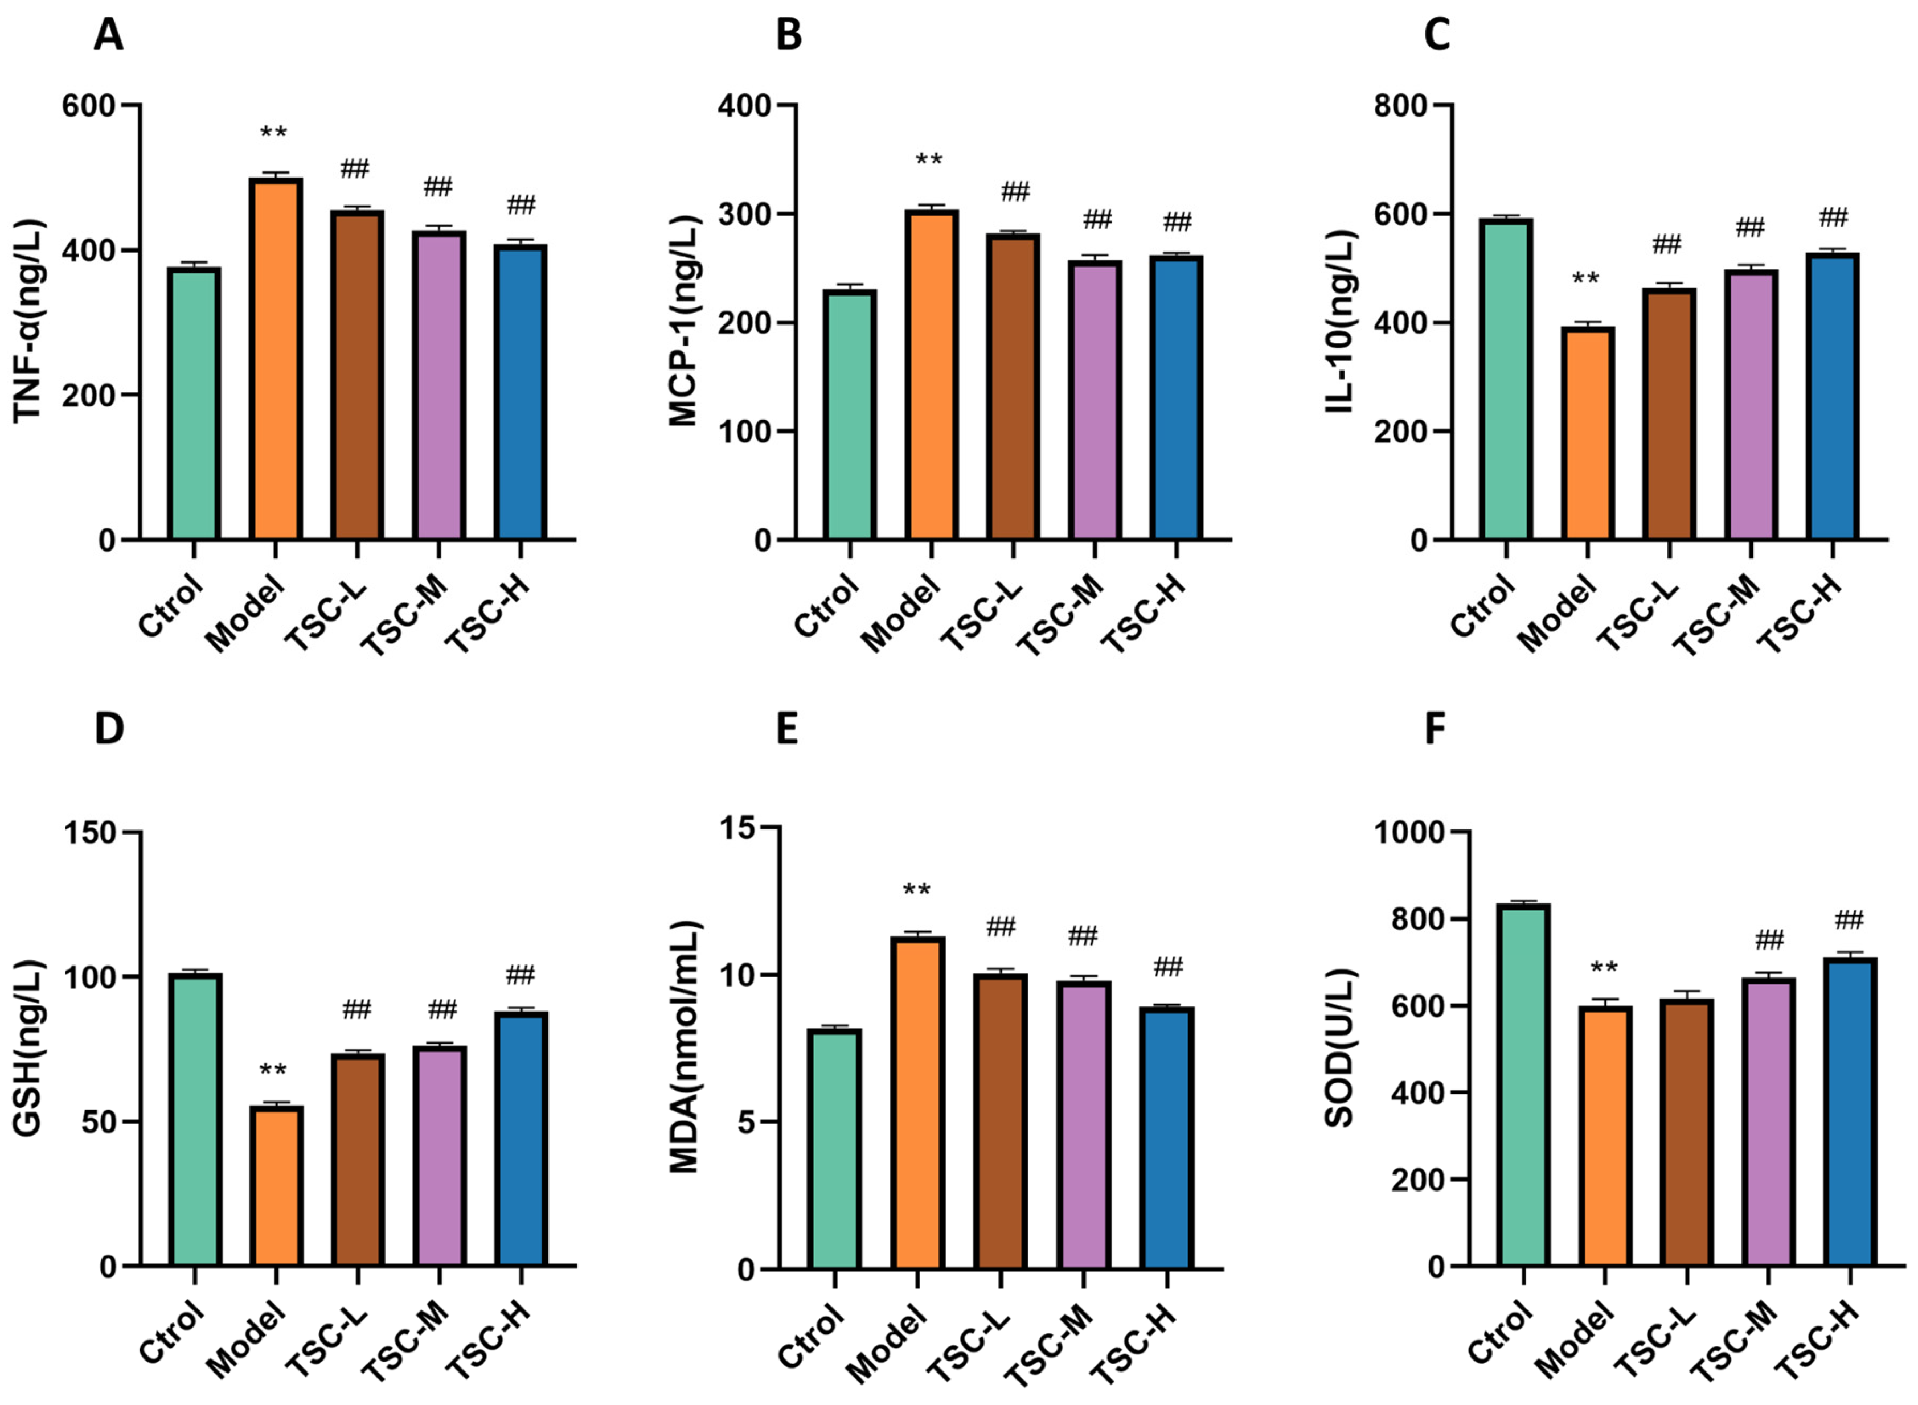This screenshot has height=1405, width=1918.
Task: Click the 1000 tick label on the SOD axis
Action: pyautogui.click(x=1408, y=833)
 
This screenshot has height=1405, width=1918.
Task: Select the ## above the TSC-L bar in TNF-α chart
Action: pyautogui.click(x=355, y=169)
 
